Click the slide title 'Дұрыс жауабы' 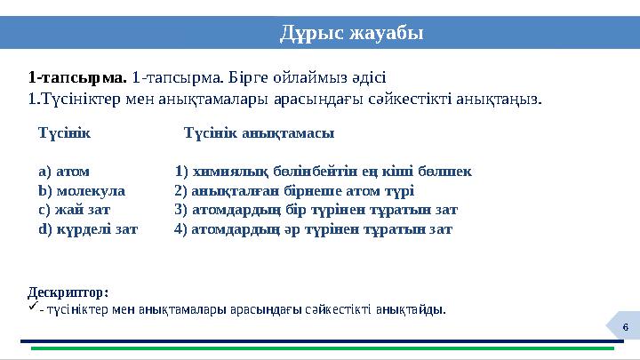tap(352, 33)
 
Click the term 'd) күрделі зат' tap(88, 229)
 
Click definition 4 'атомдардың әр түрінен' tap(314, 229)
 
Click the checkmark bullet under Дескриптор tap(33, 308)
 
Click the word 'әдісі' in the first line tap(367, 77)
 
